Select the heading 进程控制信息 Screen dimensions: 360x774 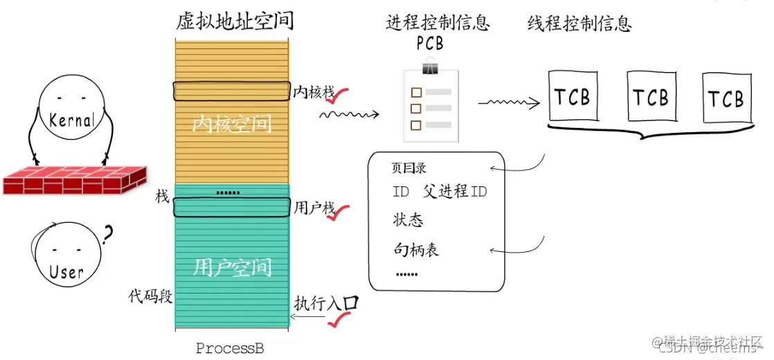tap(438, 23)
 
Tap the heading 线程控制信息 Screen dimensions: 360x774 tap(579, 24)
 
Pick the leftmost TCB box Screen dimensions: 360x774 tap(572, 97)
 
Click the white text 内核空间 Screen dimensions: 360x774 tap(232, 125)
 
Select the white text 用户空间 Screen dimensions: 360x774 tap(232, 267)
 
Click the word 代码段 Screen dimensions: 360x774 tap(150, 296)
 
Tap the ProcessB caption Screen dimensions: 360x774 tap(230, 348)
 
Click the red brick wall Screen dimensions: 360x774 tap(73, 177)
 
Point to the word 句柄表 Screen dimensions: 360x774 tap(416, 249)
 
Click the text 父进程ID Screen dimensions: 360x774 tap(455, 192)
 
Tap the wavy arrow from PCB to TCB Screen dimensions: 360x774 tap(509, 104)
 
